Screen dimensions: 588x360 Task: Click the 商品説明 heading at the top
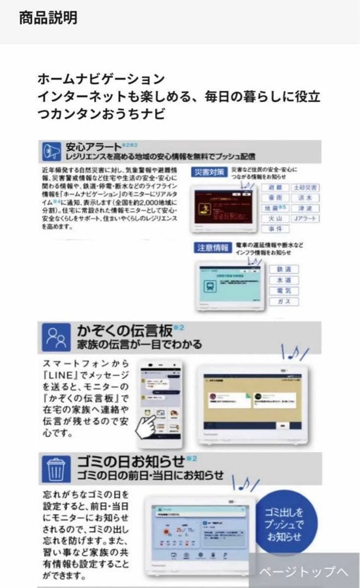[48, 18]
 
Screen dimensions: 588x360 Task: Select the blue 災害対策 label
[209, 172]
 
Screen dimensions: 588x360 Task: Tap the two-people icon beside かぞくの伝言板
[56, 338]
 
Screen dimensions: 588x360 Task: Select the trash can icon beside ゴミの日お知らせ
[56, 467]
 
